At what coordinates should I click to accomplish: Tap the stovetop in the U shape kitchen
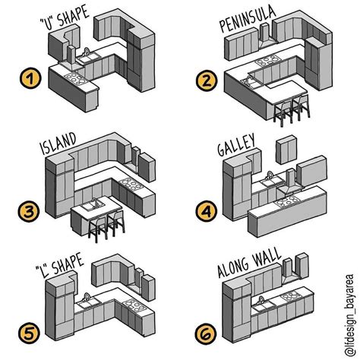click(x=74, y=76)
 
